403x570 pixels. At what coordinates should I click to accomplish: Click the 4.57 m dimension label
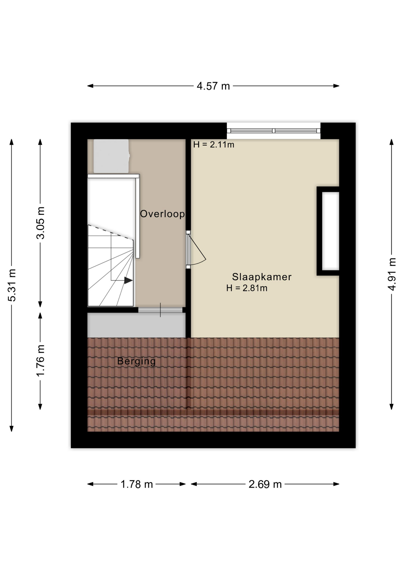click(x=213, y=86)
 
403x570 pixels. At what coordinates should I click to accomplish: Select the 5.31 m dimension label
click(x=12, y=285)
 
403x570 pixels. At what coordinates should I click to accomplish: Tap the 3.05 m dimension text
click(x=40, y=223)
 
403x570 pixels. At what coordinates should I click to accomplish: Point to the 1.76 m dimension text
click(x=40, y=361)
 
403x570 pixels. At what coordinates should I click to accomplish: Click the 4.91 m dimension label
click(x=392, y=274)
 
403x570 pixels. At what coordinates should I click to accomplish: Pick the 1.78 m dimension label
click(x=137, y=484)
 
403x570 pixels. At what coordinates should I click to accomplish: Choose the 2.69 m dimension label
click(x=265, y=484)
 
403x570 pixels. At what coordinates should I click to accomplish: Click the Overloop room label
click(x=162, y=214)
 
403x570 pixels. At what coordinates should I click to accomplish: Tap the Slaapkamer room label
click(x=262, y=277)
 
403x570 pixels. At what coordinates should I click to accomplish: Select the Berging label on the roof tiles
click(x=137, y=361)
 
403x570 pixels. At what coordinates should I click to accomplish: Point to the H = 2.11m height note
click(x=214, y=145)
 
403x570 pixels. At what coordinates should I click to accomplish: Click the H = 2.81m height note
click(x=247, y=288)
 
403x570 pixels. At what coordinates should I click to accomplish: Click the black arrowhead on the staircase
click(x=128, y=280)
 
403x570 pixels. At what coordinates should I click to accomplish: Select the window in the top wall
click(x=274, y=131)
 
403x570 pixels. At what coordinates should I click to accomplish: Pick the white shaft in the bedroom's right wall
click(x=331, y=231)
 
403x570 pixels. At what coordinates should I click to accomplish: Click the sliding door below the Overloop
click(x=160, y=310)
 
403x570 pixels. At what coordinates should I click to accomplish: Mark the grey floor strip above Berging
click(x=137, y=325)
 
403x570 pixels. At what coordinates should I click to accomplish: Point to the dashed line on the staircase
click(x=110, y=232)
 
